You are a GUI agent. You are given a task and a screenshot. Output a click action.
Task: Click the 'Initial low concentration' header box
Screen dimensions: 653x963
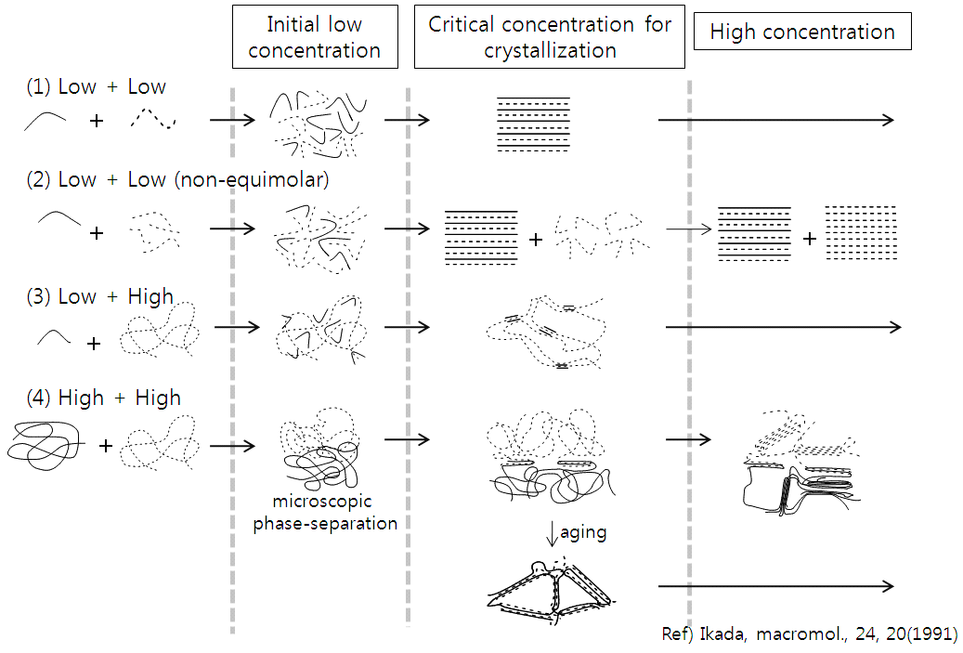(x=315, y=38)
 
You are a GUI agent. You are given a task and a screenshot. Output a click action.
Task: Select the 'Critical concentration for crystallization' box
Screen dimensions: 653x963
(x=549, y=38)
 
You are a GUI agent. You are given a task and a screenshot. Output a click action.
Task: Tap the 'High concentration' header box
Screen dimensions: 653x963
(x=802, y=33)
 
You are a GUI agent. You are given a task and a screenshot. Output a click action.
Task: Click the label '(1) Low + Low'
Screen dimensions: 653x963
(x=97, y=87)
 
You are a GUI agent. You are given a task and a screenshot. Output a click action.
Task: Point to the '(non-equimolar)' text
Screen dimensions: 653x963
(x=251, y=180)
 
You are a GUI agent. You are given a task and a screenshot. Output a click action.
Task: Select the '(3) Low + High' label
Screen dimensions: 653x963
(x=100, y=297)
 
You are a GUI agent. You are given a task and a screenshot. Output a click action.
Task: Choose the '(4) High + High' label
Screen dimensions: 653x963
(x=104, y=398)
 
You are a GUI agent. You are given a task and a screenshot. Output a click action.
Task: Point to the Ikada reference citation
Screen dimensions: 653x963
(x=808, y=634)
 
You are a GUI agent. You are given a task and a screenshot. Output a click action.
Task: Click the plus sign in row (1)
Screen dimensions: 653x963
(x=97, y=121)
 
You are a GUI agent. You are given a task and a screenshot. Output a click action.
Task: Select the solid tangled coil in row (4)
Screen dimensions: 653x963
(x=45, y=443)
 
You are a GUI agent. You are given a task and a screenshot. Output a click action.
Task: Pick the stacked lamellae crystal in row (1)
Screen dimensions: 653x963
(x=533, y=124)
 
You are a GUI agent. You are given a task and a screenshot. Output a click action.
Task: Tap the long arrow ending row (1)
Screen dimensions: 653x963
(x=775, y=119)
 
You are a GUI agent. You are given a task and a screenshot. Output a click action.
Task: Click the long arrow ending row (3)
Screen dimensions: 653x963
(x=783, y=327)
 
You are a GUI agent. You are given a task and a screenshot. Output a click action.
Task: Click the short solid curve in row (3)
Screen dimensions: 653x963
(x=54, y=337)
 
